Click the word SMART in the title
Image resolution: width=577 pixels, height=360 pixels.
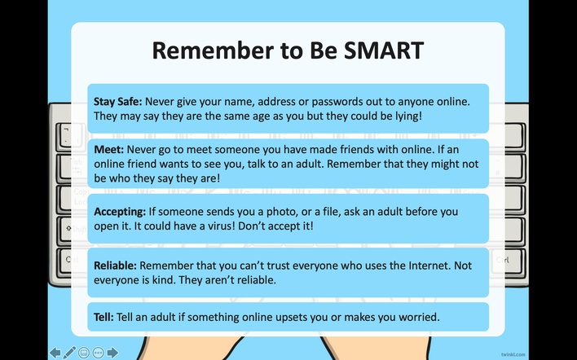[384, 50]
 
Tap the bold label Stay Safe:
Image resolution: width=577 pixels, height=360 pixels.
[117, 102]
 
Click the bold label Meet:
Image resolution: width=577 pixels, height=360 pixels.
[108, 150]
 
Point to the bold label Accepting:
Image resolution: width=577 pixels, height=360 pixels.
[120, 213]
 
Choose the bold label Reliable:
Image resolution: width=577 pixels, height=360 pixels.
[115, 266]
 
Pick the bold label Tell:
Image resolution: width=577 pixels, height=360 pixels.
[104, 317]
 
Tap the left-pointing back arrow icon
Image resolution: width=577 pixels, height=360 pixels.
[55, 353]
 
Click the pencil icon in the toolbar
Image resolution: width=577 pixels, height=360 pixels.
[69, 353]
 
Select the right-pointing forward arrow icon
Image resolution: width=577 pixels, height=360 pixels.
[112, 353]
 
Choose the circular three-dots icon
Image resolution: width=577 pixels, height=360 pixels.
[99, 353]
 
